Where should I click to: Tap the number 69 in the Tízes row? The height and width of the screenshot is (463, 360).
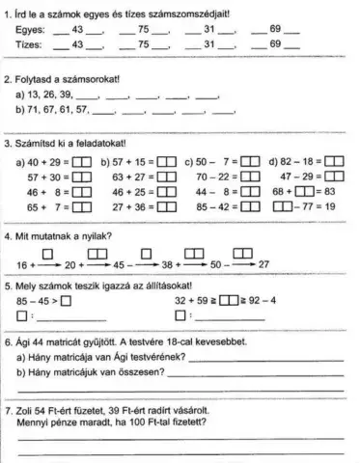[274, 44]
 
